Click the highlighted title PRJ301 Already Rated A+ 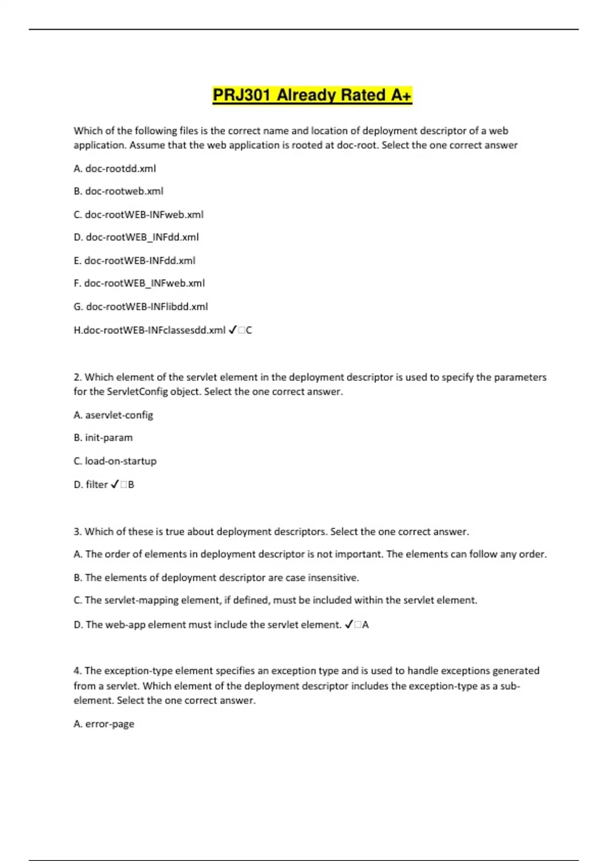coord(312,95)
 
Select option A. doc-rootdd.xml coord(115,169)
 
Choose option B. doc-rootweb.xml coord(119,191)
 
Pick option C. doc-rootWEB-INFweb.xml coord(138,215)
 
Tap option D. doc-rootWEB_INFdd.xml coord(136,237)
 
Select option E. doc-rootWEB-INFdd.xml coord(134,261)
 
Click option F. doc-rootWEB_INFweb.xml coord(139,283)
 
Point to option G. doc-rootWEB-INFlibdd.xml coord(140,307)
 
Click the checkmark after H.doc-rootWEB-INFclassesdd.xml coord(233,330)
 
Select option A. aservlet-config coord(113,415)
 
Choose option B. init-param coord(103,438)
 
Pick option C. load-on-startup coord(115,461)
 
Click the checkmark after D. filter coord(115,485)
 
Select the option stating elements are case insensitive coord(216,578)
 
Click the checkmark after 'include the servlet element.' coord(349,625)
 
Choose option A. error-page coord(104,724)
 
